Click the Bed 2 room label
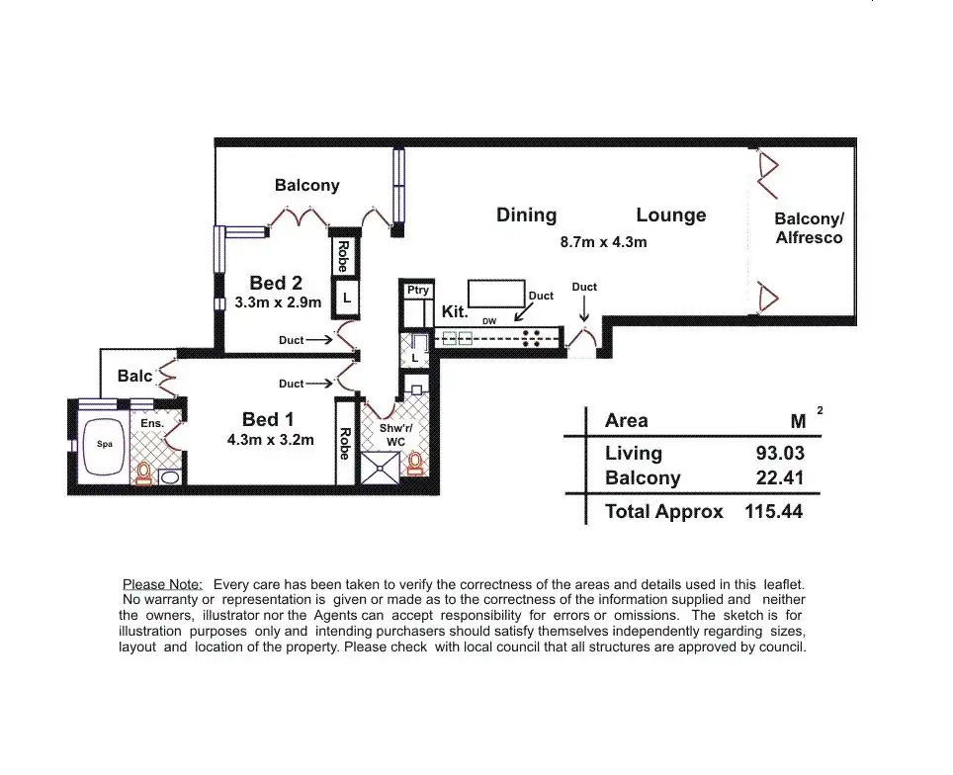269,284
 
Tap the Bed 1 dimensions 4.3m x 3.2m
269,440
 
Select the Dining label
526,215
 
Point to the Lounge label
671,215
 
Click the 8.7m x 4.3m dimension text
603,241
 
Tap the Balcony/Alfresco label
809,228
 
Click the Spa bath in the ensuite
105,445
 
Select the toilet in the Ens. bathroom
144,473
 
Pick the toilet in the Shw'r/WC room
415,463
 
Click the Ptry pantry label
418,290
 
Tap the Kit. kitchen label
454,310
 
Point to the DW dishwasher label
489,321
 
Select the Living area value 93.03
780,454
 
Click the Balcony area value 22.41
780,478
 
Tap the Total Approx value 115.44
773,511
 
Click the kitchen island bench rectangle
495,295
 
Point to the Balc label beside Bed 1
135,376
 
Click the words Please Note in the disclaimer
162,585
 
